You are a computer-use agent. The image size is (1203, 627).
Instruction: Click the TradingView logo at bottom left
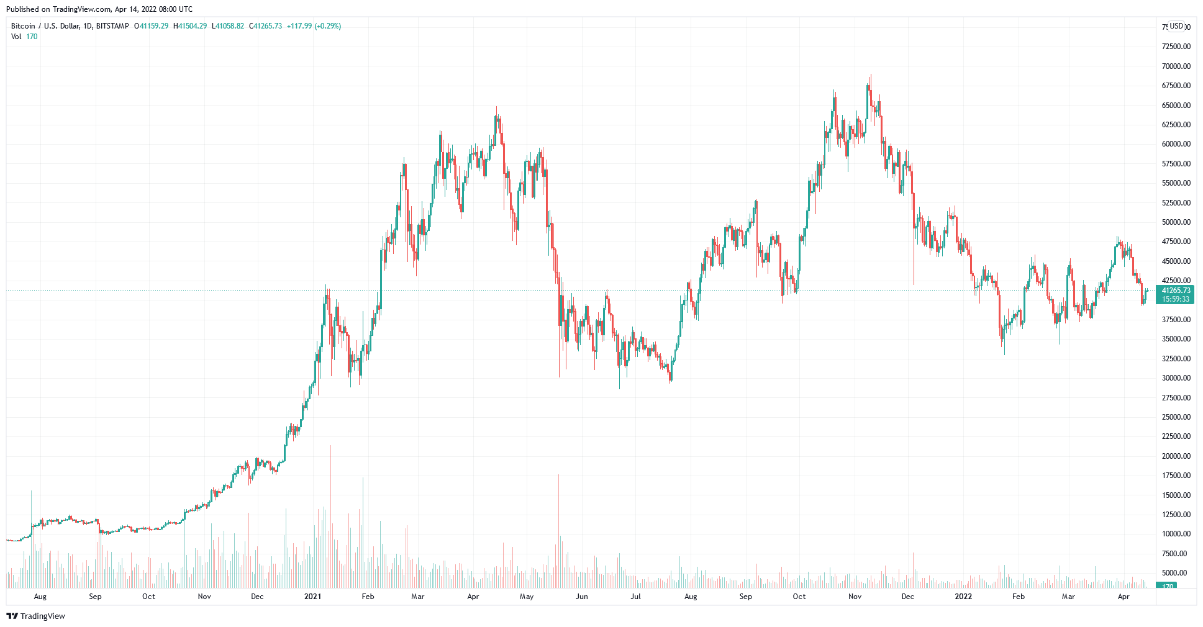pos(35,616)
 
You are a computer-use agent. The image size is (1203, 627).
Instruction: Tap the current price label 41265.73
pos(1176,291)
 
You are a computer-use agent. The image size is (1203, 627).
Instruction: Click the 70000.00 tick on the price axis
pos(1176,66)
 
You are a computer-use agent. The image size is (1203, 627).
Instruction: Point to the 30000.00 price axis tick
pos(1176,378)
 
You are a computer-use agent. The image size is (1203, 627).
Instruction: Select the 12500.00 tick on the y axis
pos(1176,515)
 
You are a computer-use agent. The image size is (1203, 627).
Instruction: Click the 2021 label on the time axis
pos(312,597)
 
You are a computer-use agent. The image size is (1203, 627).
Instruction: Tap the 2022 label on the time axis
pos(963,597)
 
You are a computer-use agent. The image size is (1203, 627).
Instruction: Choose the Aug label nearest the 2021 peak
pos(691,597)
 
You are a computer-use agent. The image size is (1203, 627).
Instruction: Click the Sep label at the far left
pos(95,597)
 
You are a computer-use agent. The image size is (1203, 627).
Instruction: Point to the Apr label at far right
pos(1124,597)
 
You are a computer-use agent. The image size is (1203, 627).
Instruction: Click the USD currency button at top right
pos(1176,26)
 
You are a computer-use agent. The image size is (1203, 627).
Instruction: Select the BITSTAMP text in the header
pos(113,26)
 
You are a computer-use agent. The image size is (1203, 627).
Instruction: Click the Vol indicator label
pos(16,37)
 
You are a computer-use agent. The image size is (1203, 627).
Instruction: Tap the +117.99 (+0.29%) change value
pos(314,26)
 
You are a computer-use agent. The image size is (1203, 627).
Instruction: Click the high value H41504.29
pos(190,26)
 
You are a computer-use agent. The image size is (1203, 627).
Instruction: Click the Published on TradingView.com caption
pos(99,9)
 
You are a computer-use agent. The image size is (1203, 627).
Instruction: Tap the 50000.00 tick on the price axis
pos(1176,222)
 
